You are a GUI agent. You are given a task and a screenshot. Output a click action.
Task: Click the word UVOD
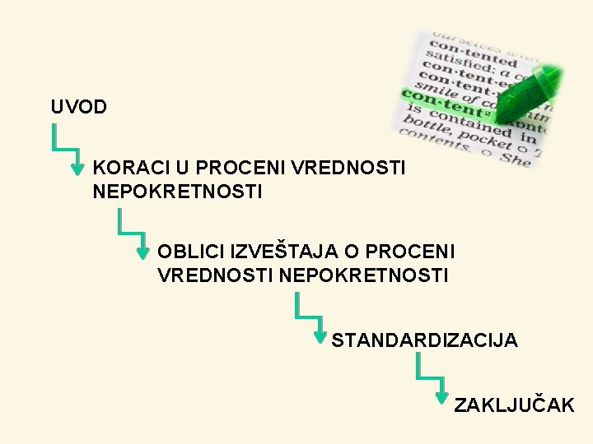click(77, 108)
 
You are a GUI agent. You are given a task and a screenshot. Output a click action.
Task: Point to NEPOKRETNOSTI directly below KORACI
click(178, 192)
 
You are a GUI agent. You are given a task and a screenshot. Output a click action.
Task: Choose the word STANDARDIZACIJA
click(425, 340)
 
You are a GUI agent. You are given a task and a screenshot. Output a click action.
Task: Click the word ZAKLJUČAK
click(515, 405)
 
